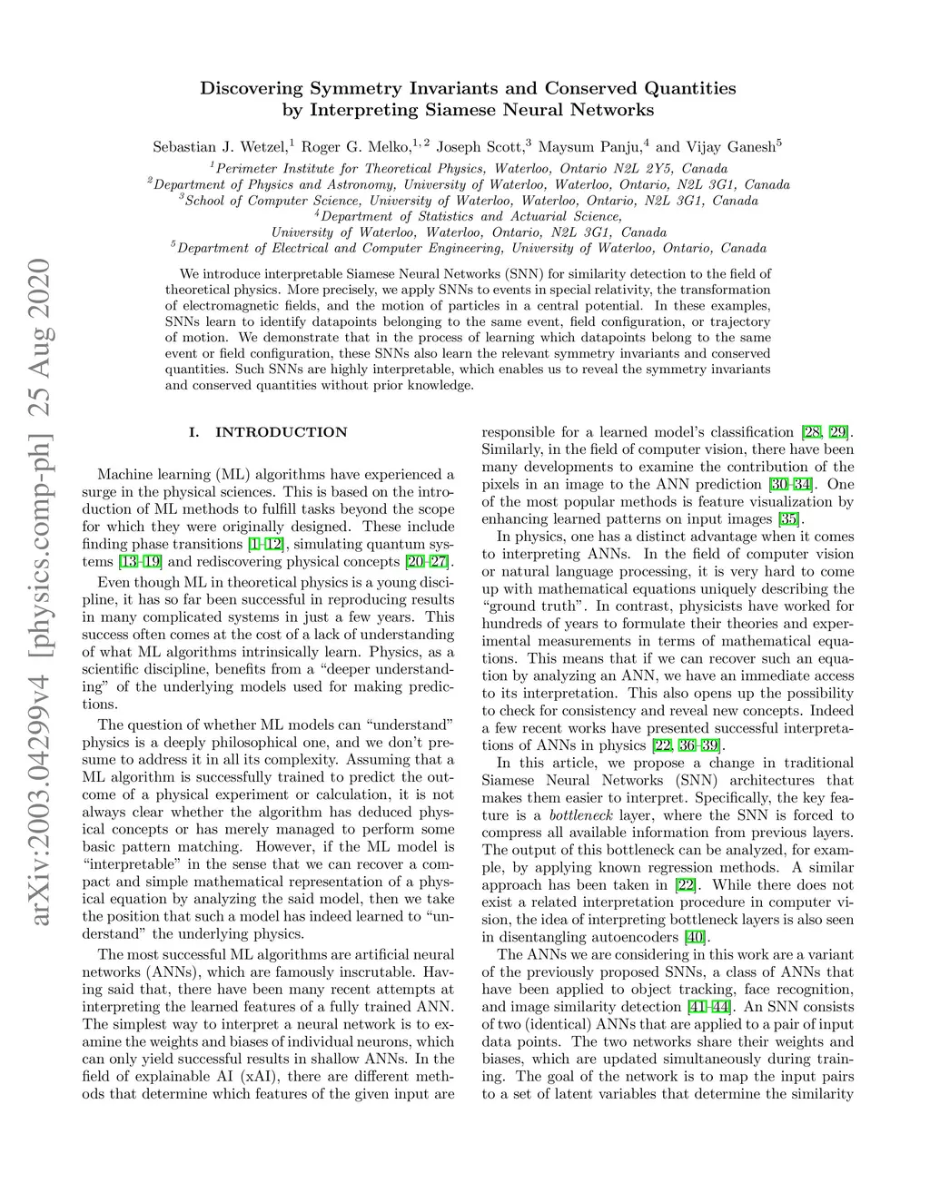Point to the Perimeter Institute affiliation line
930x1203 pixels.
[x=469, y=169]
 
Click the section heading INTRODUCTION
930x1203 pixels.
[x=281, y=432]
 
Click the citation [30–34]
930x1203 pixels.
[x=791, y=484]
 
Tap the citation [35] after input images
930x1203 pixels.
[x=788, y=519]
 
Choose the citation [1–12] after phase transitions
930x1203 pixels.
[x=265, y=544]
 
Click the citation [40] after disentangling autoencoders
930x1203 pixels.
[x=695, y=937]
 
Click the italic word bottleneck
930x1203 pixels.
[x=580, y=815]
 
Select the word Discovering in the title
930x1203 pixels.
[x=252, y=89]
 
